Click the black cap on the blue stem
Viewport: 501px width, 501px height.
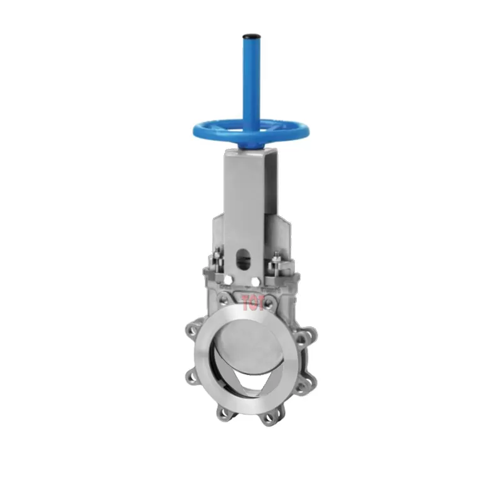tap(250, 36)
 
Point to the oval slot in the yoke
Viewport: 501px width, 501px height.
tap(245, 259)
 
